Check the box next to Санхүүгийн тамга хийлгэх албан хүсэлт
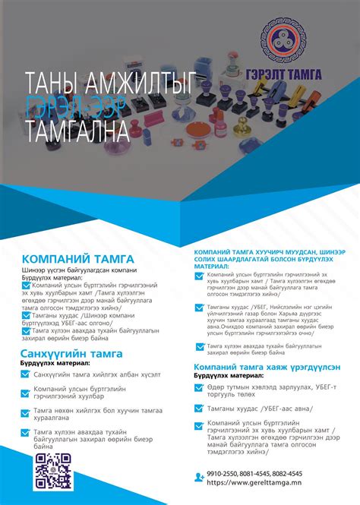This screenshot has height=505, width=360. click(x=27, y=375)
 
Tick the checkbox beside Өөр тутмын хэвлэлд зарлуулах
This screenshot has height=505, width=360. click(x=200, y=390)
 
